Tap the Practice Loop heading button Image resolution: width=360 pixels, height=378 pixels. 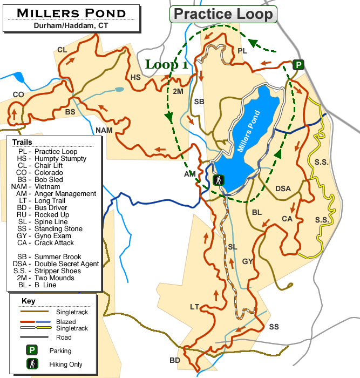point(224,14)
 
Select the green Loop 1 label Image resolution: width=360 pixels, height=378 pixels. point(166,65)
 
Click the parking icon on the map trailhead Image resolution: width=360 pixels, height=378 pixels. point(298,65)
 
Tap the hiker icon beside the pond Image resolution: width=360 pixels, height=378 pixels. point(219,180)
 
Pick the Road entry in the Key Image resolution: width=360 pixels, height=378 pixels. point(63,337)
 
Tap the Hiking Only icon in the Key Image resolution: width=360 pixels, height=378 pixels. point(32,364)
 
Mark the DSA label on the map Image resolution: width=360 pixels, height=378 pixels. point(283,188)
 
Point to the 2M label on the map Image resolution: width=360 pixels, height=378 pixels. point(178,91)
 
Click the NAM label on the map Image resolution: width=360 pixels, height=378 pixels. point(104,130)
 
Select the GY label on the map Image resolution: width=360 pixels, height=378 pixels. point(248,261)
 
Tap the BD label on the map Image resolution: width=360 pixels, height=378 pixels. point(174,360)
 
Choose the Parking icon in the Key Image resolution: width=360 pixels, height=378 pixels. point(32,350)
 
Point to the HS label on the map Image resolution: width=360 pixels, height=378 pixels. point(135,77)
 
